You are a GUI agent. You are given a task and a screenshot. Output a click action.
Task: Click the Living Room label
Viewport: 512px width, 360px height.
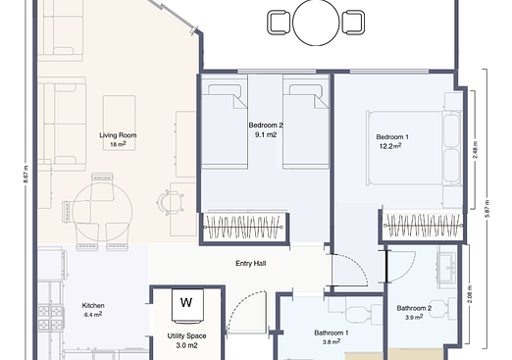(x=118, y=135)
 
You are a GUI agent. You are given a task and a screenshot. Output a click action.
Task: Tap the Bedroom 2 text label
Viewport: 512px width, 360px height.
(x=266, y=126)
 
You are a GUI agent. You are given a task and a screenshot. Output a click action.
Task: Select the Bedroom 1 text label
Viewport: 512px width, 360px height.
(x=392, y=136)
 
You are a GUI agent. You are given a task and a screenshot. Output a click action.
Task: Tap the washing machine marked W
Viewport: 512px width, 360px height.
(x=185, y=302)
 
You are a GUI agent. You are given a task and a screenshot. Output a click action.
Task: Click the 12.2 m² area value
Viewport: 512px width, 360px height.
(x=391, y=146)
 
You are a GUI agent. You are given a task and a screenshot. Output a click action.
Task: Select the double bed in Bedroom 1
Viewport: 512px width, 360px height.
(x=413, y=146)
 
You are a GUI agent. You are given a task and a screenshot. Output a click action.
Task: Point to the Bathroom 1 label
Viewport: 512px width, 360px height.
(x=332, y=333)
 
